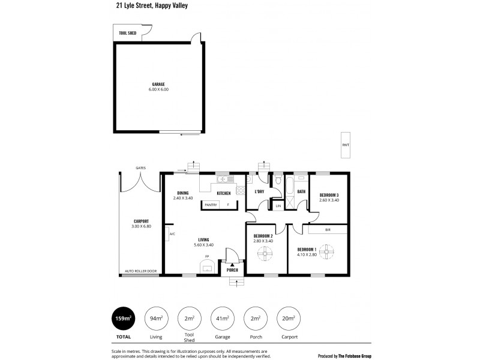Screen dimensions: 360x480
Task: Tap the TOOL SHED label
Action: (127, 33)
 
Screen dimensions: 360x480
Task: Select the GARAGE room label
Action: (158, 85)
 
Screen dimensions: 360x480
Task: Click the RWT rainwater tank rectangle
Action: (345, 145)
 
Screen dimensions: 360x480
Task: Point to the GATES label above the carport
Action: (140, 168)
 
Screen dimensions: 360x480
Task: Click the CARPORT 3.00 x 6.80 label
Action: (141, 222)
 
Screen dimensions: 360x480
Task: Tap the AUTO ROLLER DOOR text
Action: (140, 271)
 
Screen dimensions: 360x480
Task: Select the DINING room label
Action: (182, 193)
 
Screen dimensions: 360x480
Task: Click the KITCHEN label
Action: (224, 193)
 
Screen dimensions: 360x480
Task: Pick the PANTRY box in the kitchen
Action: (211, 205)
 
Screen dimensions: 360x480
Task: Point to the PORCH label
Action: (232, 270)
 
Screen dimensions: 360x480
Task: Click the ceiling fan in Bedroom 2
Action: (265, 253)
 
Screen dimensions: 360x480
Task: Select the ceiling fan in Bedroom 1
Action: (327, 250)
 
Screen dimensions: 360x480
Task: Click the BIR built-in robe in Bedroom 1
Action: (328, 230)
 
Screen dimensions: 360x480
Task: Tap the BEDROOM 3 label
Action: (329, 196)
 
